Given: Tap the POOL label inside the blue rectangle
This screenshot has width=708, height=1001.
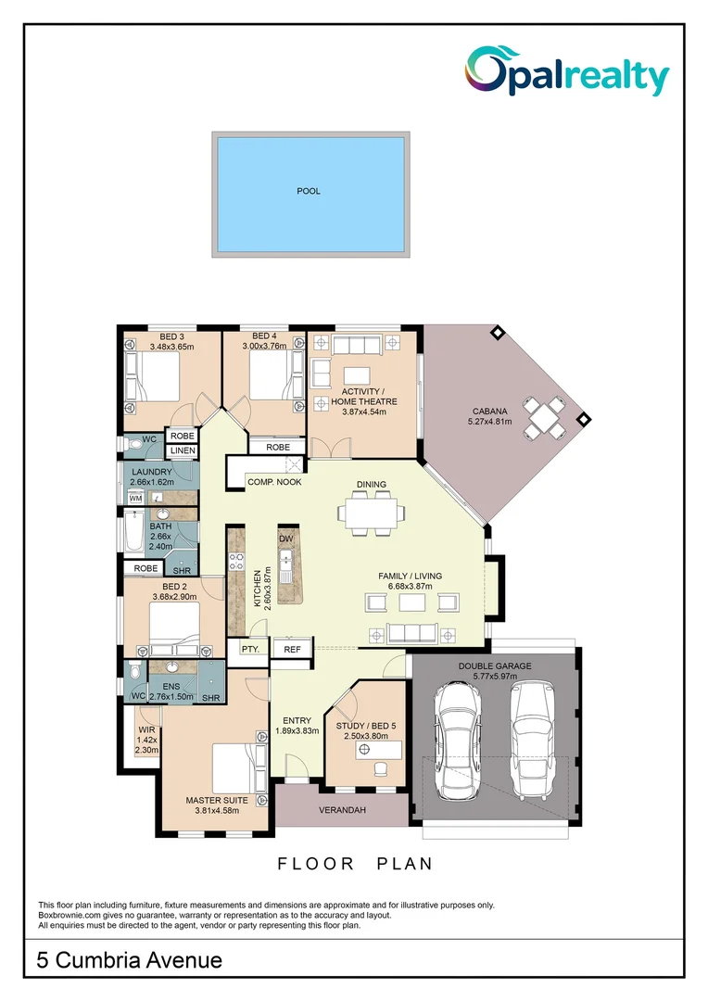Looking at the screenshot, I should [309, 192].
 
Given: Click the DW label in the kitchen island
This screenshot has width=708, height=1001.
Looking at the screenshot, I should [285, 538].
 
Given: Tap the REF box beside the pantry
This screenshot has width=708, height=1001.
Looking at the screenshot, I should [292, 650].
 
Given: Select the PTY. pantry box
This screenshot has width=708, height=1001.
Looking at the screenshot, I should [249, 650].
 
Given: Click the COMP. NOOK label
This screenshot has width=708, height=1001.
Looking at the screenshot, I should [274, 482].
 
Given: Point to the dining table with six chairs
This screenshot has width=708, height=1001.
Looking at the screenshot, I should [372, 513].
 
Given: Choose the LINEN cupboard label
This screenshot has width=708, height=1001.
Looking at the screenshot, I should [182, 450].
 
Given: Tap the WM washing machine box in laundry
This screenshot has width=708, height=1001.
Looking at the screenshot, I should [135, 499].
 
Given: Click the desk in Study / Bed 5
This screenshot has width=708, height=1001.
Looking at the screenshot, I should [380, 748].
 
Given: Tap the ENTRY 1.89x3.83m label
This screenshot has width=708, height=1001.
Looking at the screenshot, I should [297, 725].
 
